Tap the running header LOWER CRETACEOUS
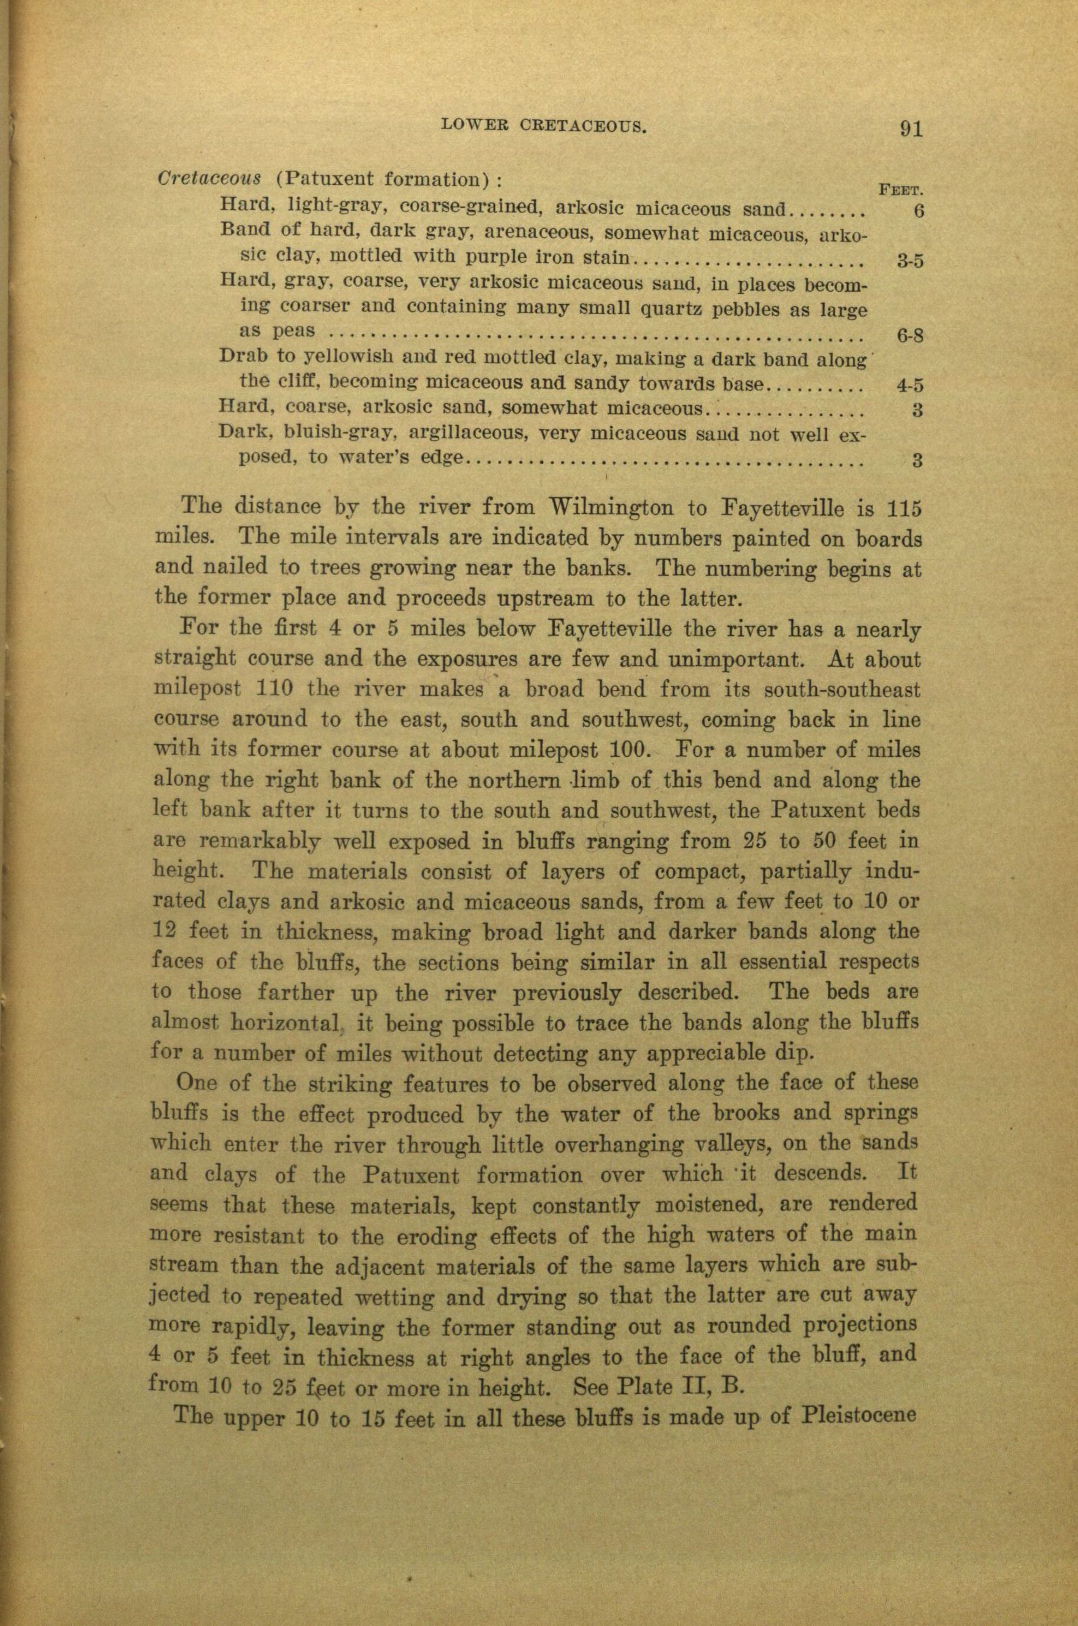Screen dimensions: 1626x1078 pos(543,125)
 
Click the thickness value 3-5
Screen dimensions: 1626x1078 pos(909,260)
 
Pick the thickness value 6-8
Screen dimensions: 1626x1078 pos(909,337)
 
